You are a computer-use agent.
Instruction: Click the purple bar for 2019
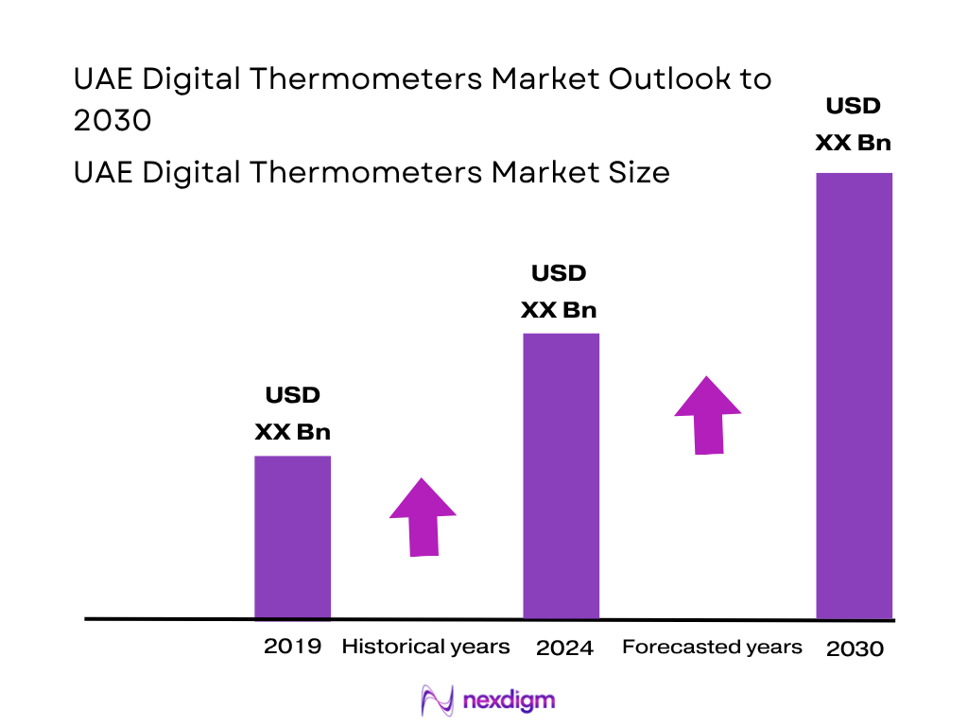pyautogui.click(x=293, y=537)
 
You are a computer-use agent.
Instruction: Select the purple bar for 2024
pyautogui.click(x=562, y=475)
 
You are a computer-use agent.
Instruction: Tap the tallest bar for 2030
pyautogui.click(x=854, y=395)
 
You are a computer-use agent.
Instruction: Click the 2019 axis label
pyautogui.click(x=293, y=648)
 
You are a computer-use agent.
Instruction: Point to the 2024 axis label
pyautogui.click(x=564, y=648)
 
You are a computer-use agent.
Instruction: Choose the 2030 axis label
pyautogui.click(x=855, y=649)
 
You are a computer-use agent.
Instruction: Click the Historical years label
pyautogui.click(x=425, y=648)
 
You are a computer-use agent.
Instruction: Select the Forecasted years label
pyautogui.click(x=712, y=648)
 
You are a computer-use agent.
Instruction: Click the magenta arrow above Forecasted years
pyautogui.click(x=707, y=415)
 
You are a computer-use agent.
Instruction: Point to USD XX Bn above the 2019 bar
pyautogui.click(x=293, y=413)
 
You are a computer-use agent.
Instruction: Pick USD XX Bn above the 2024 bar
pyautogui.click(x=560, y=292)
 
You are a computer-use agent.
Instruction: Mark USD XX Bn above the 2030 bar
pyautogui.click(x=854, y=124)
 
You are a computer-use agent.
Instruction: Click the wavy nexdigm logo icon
pyautogui.click(x=438, y=700)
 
